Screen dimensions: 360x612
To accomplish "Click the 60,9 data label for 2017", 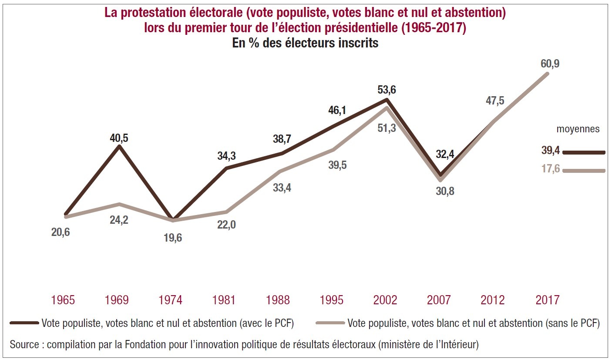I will tap(550, 64).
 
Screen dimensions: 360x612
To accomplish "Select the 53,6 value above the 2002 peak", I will tap(387, 90).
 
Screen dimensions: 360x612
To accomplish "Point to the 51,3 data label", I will tap(387, 128).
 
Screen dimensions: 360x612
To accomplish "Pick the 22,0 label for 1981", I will tap(226, 225).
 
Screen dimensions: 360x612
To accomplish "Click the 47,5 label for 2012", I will tap(495, 101).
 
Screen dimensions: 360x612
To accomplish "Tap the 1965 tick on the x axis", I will tap(63, 300).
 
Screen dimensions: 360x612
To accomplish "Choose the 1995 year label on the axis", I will tap(331, 300).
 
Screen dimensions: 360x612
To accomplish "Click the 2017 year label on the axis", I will tap(547, 300).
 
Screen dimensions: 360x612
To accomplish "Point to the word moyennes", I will tap(578, 129).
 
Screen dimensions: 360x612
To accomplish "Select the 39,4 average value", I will tap(551, 151).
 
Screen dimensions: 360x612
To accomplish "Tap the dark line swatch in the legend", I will tap(24, 323).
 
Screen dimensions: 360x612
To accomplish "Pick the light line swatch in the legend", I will tap(330, 323).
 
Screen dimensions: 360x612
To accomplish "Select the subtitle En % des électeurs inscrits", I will tap(305, 44).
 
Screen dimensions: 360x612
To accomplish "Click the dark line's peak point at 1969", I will tap(119, 146).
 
